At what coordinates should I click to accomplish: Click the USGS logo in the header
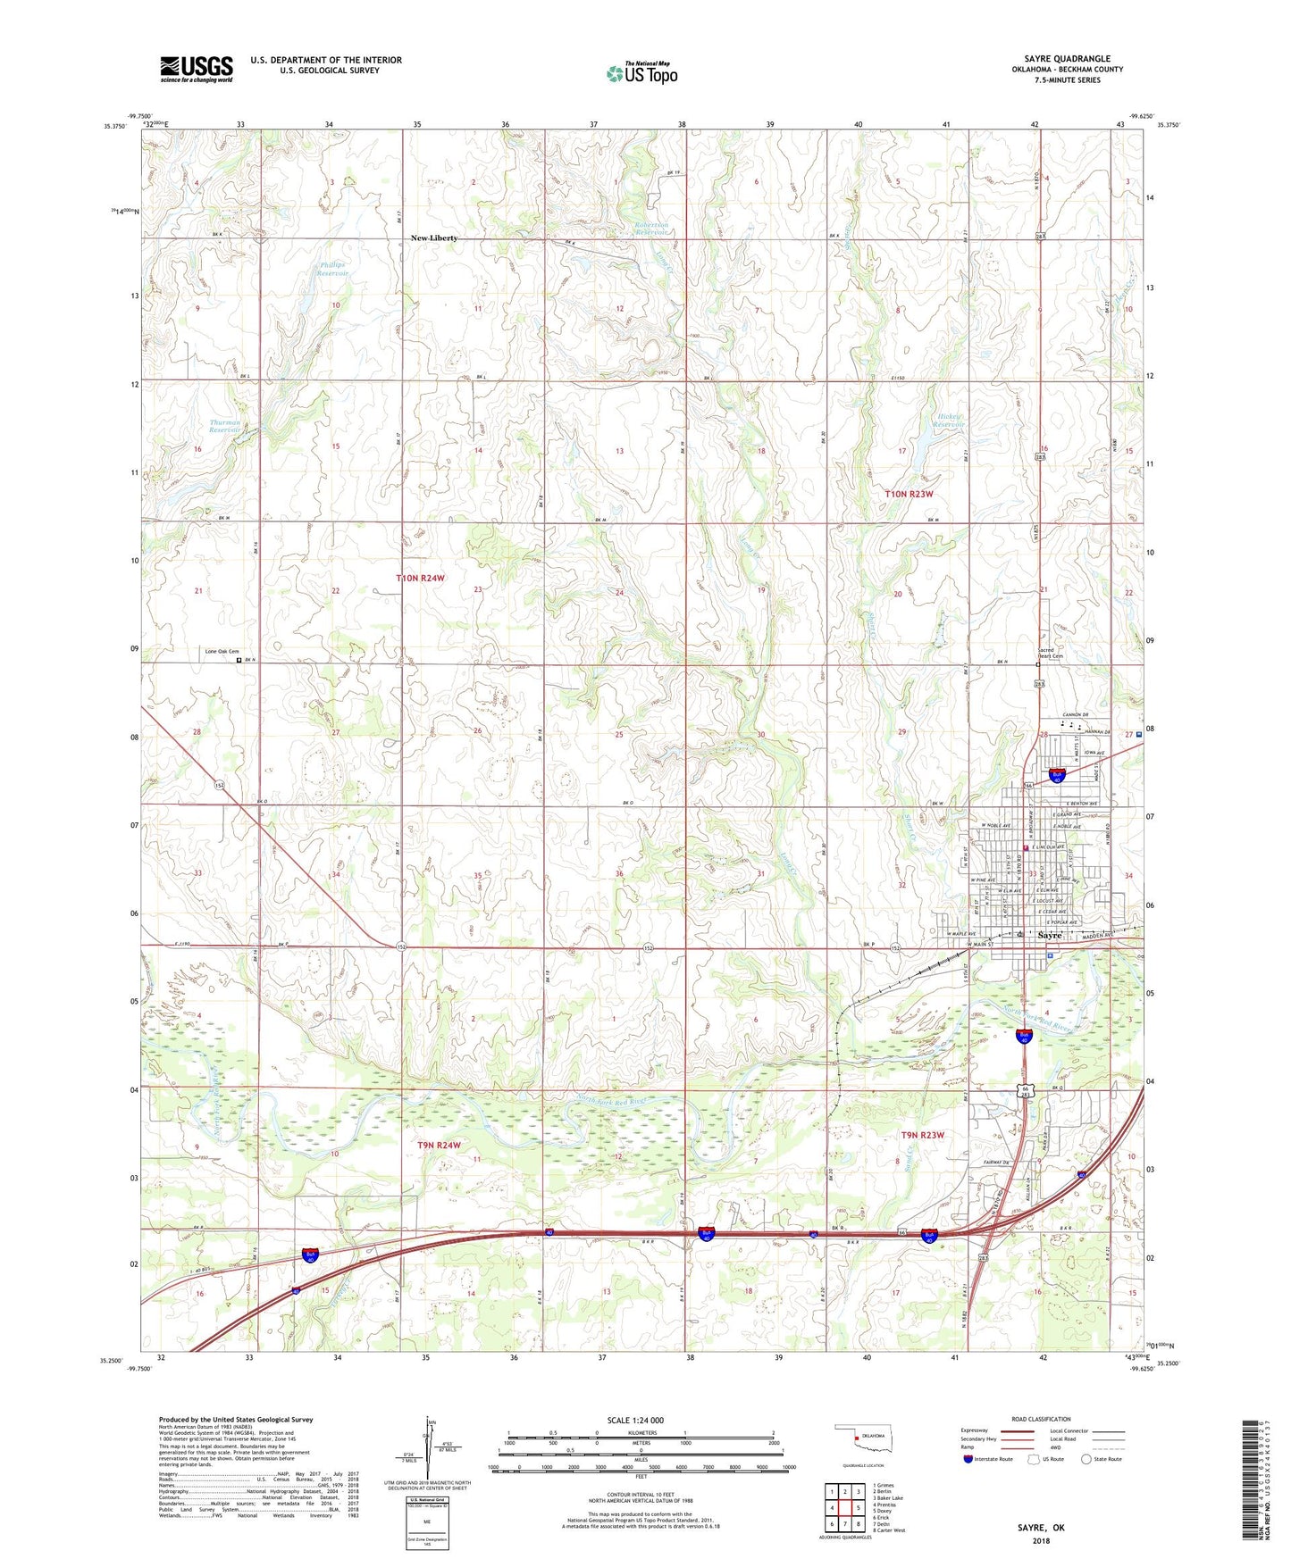coord(196,69)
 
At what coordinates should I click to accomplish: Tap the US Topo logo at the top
coord(641,73)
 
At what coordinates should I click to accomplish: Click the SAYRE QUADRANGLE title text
coord(1060,59)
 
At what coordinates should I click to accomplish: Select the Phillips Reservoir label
coord(332,269)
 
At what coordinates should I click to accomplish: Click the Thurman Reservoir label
coord(224,426)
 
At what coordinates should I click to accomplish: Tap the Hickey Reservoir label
coord(950,421)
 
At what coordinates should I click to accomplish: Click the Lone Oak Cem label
coord(222,652)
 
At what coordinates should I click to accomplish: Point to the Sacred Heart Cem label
coord(1051,653)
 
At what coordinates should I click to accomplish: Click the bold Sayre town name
coord(1050,935)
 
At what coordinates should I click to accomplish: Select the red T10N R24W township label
coord(420,579)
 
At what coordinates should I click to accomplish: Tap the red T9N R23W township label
coord(922,1135)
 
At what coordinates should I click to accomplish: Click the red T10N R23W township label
coord(909,494)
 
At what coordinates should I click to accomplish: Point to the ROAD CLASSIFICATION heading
coord(1041,1419)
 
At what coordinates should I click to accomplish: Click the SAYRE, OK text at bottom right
coord(1041,1528)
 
